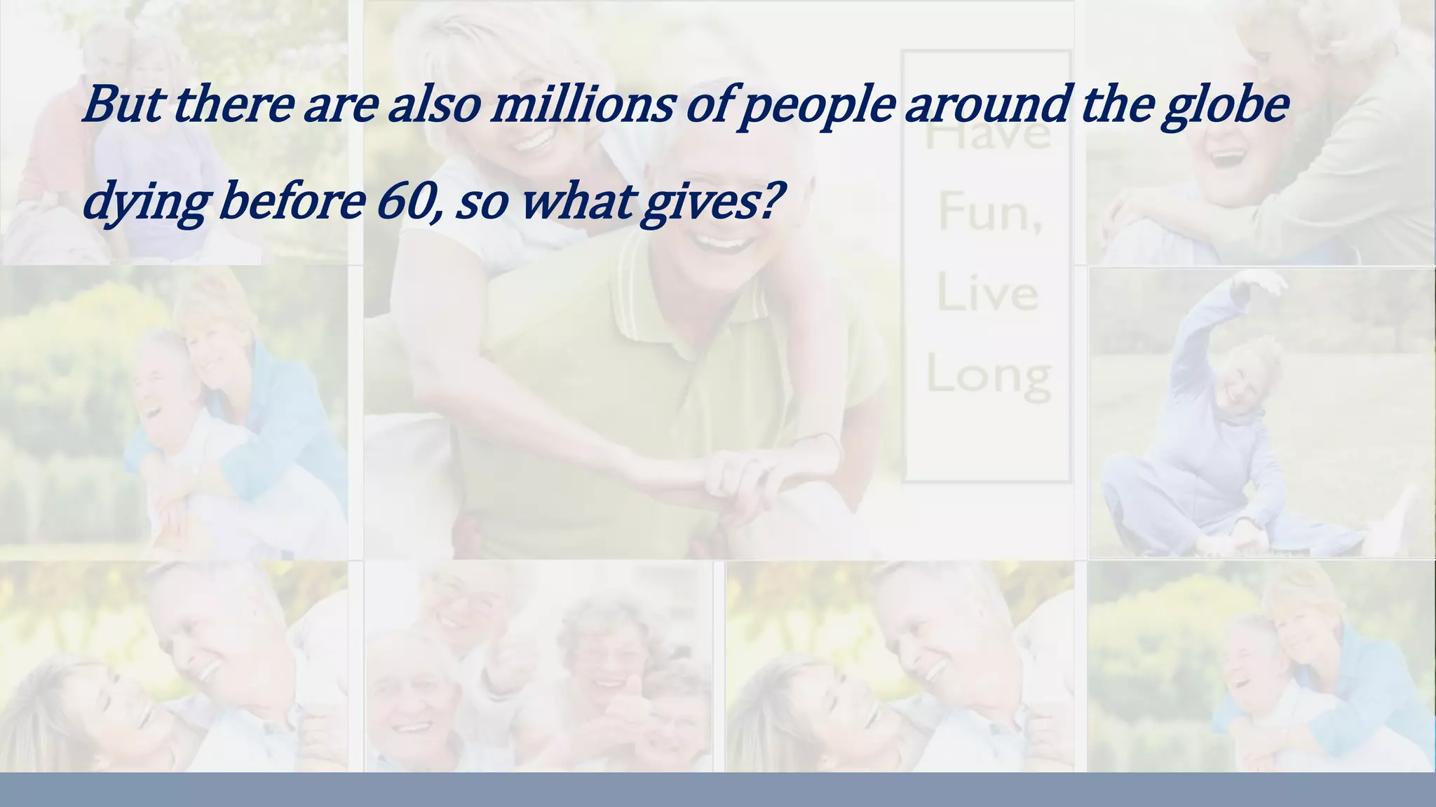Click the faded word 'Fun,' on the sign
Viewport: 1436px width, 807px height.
989,212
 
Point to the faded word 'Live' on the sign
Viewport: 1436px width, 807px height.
987,293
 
